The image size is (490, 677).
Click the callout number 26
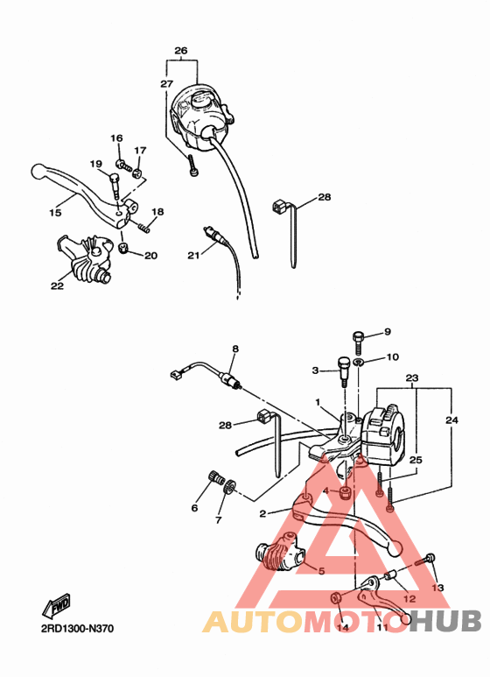pyautogui.click(x=180, y=51)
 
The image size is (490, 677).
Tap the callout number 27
pyautogui.click(x=166, y=83)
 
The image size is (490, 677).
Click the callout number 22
pyautogui.click(x=58, y=285)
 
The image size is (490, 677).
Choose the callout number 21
pyautogui.click(x=193, y=255)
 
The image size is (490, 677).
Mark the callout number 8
pyautogui.click(x=234, y=349)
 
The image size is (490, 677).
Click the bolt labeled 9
pyautogui.click(x=358, y=336)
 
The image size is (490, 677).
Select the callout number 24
pyautogui.click(x=452, y=420)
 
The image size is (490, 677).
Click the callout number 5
pyautogui.click(x=320, y=570)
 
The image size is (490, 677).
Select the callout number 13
pyautogui.click(x=437, y=588)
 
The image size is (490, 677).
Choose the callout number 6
pyautogui.click(x=194, y=508)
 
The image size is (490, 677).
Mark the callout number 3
pyautogui.click(x=316, y=370)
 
